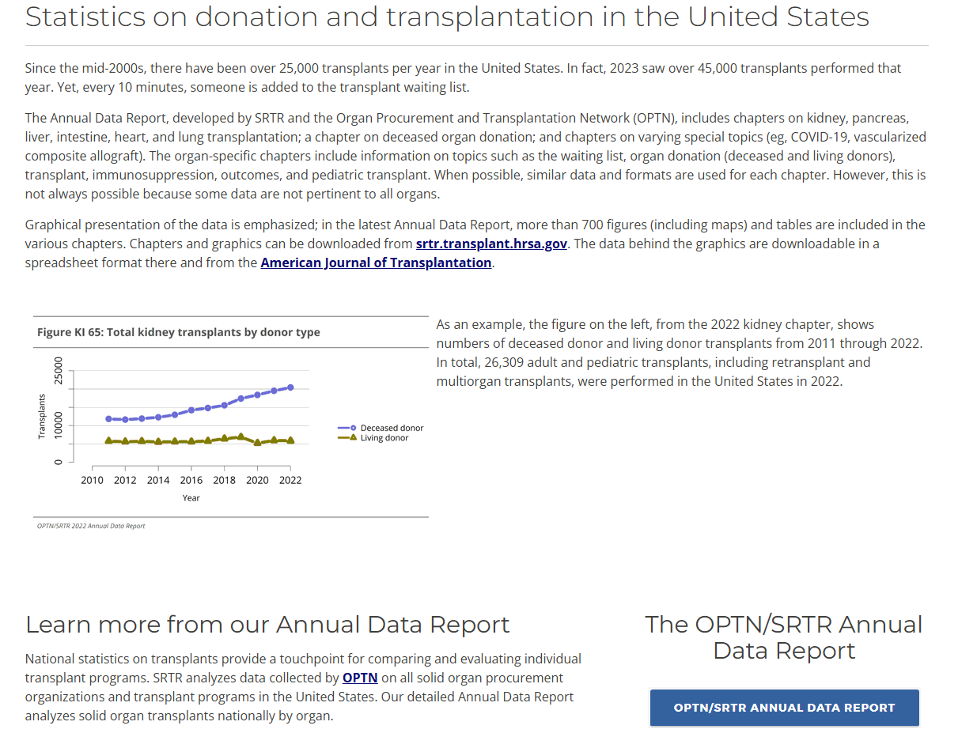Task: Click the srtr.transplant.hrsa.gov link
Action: [x=491, y=244]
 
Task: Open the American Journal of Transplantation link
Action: [x=376, y=263]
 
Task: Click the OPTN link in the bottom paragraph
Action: [x=360, y=678]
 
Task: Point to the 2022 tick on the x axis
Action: [x=290, y=480]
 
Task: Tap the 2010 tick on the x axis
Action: [x=92, y=480]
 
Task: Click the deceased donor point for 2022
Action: [x=290, y=387]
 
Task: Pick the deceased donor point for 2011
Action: [x=108, y=418]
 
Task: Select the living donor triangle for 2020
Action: [x=257, y=443]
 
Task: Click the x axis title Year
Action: [x=191, y=498]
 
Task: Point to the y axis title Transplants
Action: [x=41, y=416]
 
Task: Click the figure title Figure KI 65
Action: [x=178, y=332]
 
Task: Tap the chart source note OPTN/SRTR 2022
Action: [x=91, y=526]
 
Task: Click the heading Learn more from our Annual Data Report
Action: [x=267, y=625]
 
